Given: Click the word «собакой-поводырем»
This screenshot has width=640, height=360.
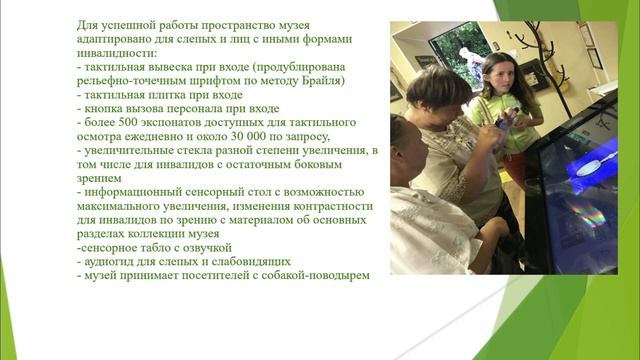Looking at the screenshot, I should click(314, 275).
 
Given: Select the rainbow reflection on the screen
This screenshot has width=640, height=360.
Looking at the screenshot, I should click(584, 214).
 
